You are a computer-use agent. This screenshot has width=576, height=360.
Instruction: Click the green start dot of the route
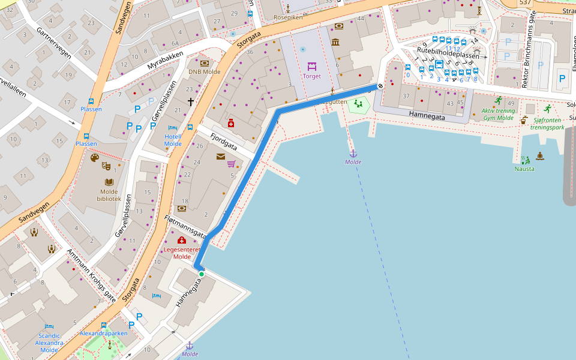click(x=202, y=274)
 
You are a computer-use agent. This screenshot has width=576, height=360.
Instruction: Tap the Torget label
click(x=312, y=76)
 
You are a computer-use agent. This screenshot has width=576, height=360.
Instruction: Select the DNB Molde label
click(x=204, y=71)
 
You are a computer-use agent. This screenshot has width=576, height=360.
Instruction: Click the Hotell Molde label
click(x=173, y=140)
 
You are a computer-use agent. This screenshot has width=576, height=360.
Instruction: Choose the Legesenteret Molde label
click(x=182, y=253)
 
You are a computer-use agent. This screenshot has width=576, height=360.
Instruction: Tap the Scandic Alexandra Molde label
click(x=49, y=343)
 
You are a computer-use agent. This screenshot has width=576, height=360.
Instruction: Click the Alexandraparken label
click(x=104, y=333)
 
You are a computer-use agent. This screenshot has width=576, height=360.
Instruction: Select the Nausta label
click(x=524, y=169)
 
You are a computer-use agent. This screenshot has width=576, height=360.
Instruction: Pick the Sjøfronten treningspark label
click(x=548, y=123)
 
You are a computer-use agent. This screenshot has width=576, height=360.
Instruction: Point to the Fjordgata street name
click(x=223, y=142)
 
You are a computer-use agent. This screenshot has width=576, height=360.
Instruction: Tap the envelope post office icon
click(x=221, y=157)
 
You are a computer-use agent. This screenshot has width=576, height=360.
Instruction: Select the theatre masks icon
click(x=106, y=164)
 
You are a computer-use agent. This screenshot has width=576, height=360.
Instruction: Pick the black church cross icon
click(x=191, y=102)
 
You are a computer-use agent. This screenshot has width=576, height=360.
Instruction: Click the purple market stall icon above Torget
click(x=312, y=65)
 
